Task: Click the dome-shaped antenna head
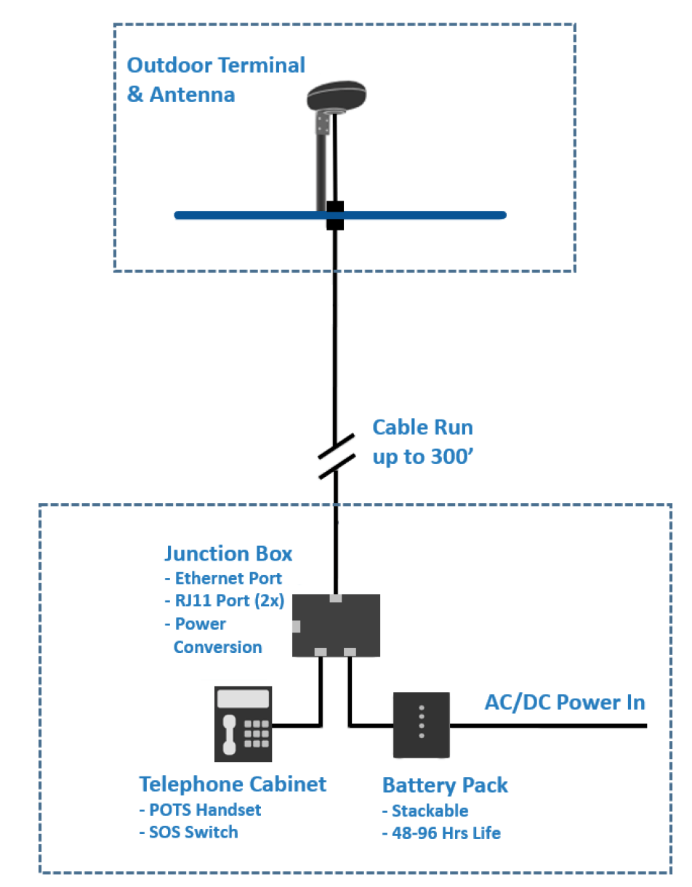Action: point(337,96)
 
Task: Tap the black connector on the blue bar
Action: point(335,215)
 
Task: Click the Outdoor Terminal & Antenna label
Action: point(216,79)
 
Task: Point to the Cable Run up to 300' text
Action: point(423,441)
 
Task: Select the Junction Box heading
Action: point(228,553)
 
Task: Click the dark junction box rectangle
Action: point(336,625)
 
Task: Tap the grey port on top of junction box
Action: point(335,598)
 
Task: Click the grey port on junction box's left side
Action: point(297,626)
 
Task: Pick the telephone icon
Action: point(244,724)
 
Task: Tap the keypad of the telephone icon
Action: point(257,734)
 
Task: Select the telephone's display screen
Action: point(244,699)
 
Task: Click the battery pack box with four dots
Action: point(422,725)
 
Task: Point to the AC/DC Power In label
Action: point(565,702)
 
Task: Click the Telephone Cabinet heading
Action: point(233,784)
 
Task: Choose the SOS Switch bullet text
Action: point(188,832)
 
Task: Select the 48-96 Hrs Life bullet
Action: point(441,833)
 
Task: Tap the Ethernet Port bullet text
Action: point(223,578)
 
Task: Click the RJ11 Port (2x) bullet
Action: point(225,601)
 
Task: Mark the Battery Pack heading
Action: point(445,785)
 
